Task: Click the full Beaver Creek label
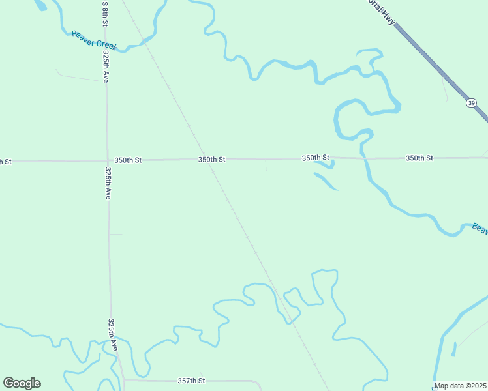coord(94,40)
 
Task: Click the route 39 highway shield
coord(471,103)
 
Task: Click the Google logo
coord(22,383)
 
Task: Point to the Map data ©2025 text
coord(461,386)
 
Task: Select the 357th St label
coord(191,381)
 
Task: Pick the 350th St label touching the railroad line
coord(212,159)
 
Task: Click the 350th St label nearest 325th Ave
coord(128,160)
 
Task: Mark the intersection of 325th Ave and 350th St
coord(107,160)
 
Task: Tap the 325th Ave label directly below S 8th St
coord(105,67)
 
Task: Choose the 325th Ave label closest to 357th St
coord(113,336)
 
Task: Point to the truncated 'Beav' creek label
coord(480,228)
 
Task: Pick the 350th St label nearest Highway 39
coord(419,158)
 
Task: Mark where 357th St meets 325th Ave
coord(123,381)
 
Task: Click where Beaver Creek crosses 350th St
coord(363,158)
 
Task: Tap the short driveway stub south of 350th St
coord(266,166)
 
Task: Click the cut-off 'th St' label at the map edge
coord(5,161)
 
